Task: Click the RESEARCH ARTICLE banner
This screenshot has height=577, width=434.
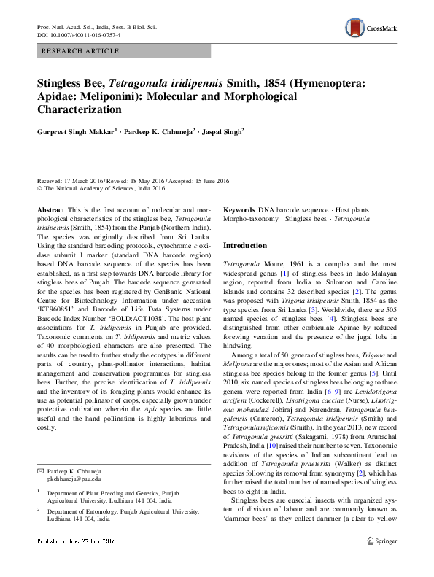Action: (x=123, y=51)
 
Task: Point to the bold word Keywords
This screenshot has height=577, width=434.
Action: (x=240, y=210)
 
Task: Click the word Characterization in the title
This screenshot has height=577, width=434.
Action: (x=79, y=110)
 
